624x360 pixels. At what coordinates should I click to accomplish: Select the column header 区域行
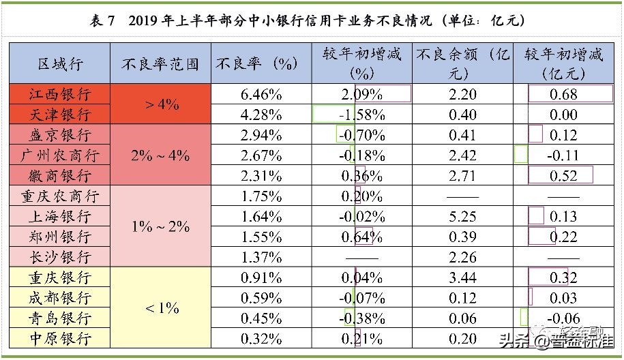(x=59, y=64)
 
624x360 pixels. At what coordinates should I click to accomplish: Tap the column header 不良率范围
(x=160, y=64)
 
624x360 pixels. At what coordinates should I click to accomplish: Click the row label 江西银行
(x=59, y=93)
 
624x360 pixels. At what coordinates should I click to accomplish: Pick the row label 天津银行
(x=59, y=114)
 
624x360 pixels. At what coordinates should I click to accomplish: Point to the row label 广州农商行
(x=59, y=155)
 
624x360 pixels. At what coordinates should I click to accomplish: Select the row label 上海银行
(x=59, y=216)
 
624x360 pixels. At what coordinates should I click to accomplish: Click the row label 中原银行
(x=59, y=338)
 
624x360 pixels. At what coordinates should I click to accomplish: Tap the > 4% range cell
(x=162, y=104)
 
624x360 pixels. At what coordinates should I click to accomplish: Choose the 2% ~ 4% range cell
(x=160, y=155)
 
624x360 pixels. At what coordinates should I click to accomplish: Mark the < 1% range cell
(x=162, y=308)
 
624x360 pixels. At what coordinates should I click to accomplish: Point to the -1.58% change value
(x=362, y=114)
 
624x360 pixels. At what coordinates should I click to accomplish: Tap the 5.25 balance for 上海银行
(x=463, y=216)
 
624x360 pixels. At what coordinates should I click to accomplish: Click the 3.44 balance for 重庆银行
(x=463, y=277)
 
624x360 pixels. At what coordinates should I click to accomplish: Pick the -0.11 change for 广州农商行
(x=563, y=155)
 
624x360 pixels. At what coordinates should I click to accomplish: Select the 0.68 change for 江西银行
(x=563, y=93)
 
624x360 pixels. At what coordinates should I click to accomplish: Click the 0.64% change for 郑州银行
(x=362, y=237)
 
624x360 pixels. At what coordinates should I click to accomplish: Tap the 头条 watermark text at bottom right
(x=514, y=341)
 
